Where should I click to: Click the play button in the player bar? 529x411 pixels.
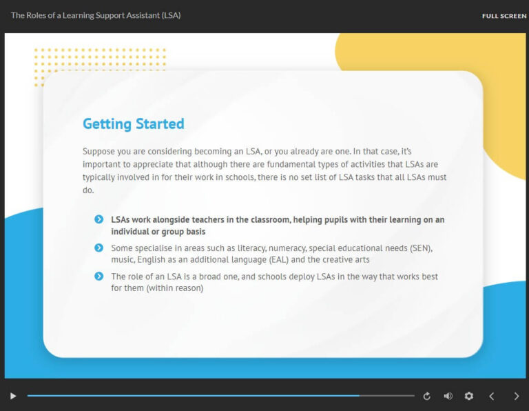pos(13,396)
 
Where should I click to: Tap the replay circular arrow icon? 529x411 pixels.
pos(427,396)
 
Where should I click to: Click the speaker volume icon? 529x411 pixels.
pos(448,396)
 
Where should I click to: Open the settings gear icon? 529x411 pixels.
pos(469,396)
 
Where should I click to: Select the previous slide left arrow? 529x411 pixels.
pos(492,396)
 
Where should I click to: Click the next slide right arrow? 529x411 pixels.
pos(517,396)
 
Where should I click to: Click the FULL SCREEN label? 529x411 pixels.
pos(504,16)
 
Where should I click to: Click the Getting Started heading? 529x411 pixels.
pos(134,124)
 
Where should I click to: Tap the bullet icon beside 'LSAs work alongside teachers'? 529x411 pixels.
pos(99,219)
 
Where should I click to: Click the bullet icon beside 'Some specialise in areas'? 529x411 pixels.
pos(99,248)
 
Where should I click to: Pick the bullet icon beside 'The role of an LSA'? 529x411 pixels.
pos(99,277)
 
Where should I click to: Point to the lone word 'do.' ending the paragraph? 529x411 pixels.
pos(88,190)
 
